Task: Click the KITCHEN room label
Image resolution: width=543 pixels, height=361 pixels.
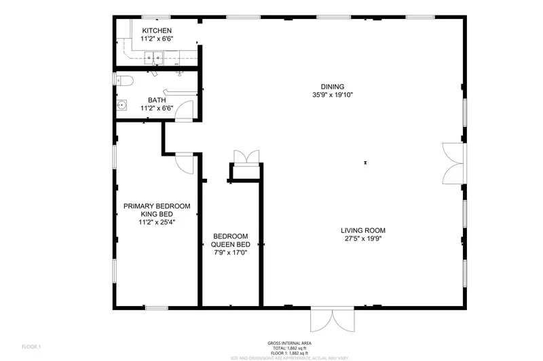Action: click(157, 30)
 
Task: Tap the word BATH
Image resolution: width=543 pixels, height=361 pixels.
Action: click(157, 100)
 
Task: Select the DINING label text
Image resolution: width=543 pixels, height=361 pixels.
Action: click(333, 87)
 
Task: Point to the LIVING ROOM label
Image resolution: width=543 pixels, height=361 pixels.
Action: click(363, 230)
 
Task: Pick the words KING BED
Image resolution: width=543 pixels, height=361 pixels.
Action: click(156, 214)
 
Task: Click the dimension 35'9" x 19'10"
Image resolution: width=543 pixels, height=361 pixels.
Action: click(333, 95)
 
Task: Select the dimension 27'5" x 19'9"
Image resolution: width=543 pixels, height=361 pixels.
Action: click(363, 238)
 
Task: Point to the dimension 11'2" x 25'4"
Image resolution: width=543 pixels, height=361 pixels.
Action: click(156, 222)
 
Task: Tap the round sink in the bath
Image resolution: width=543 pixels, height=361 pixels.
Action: click(122, 105)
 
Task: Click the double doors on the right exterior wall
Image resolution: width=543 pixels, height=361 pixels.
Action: click(453, 163)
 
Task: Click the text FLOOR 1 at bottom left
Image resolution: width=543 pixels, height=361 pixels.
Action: click(31, 347)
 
